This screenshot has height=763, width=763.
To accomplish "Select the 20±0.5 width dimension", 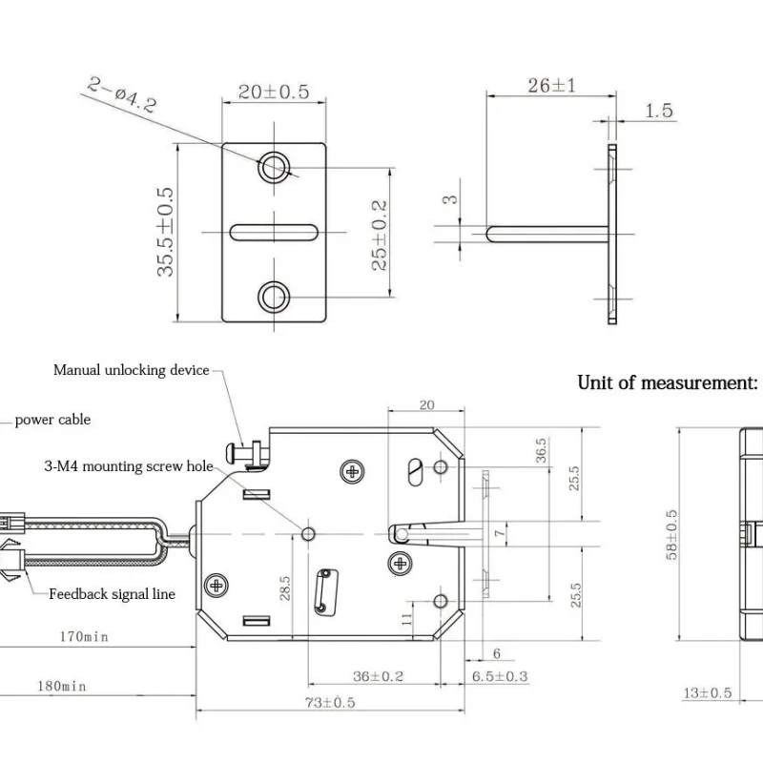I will [274, 92].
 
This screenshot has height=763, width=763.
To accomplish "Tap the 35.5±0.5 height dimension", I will [167, 232].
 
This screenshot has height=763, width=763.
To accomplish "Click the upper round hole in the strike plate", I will [275, 166].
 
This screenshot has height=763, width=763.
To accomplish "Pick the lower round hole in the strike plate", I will [275, 297].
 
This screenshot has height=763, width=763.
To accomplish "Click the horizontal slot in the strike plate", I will [275, 232].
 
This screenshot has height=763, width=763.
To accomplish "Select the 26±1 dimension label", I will [551, 86].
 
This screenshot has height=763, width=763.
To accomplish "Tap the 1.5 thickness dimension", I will [658, 112].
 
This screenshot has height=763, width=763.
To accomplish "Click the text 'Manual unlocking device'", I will [131, 370].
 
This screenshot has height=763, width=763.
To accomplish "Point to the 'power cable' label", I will [52, 420].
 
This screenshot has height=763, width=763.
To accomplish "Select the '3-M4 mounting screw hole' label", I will [129, 466].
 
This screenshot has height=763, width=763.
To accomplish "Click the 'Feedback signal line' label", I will [112, 594].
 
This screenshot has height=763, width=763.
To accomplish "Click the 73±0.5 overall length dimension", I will [328, 703].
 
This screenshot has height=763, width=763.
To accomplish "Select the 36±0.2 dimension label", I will [378, 676].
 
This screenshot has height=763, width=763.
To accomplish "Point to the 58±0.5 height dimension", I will [671, 534].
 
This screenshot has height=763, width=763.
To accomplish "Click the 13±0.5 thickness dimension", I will [707, 693].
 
